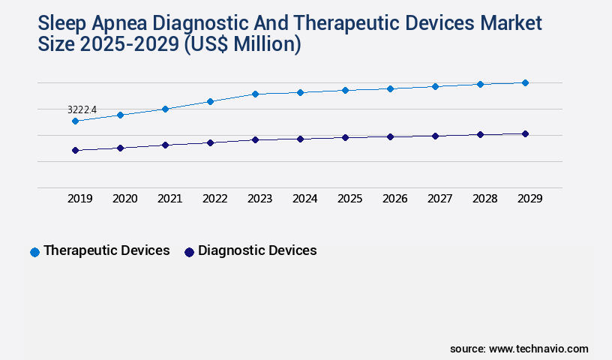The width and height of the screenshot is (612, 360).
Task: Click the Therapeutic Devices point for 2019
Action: [x=75, y=121]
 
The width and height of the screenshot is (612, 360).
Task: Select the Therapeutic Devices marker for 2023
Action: [x=255, y=94]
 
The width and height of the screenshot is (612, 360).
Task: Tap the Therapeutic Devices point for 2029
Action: [x=525, y=82]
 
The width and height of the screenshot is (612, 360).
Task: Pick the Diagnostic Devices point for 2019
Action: [x=75, y=150]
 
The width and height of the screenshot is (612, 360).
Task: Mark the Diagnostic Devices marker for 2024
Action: [x=300, y=139]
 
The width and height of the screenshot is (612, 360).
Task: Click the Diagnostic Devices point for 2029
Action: [x=525, y=133]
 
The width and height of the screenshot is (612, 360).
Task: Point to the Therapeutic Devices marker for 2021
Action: [x=165, y=109]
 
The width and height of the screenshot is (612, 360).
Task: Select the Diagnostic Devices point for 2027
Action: [x=435, y=136]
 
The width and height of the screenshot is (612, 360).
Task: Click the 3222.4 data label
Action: [x=82, y=109]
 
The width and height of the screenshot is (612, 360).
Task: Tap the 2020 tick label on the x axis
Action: [x=124, y=199]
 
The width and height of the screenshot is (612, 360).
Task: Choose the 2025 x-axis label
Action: [x=349, y=199]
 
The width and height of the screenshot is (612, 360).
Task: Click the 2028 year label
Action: [x=484, y=199]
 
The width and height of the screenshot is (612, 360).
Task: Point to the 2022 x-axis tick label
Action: [x=214, y=199]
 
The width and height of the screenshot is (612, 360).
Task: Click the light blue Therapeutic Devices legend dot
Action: [x=34, y=252]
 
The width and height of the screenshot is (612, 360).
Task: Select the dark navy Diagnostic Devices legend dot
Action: [x=189, y=252]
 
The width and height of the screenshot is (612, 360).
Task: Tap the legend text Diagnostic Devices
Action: [x=257, y=250]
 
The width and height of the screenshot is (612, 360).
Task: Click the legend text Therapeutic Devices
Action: [x=106, y=250]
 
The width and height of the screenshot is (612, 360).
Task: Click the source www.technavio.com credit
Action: [x=519, y=349]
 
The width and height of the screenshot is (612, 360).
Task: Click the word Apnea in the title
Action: [x=131, y=23]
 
